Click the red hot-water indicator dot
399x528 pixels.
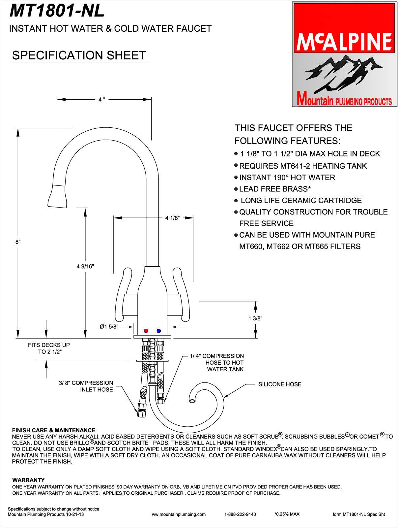tap(146, 331)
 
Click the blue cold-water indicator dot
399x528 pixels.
tap(159, 331)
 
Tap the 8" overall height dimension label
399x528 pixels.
tap(18, 242)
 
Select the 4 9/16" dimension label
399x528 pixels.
tap(85, 266)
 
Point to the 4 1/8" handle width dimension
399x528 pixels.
tap(172, 218)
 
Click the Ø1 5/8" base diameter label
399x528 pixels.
tap(109, 327)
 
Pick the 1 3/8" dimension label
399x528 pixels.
tap(255, 318)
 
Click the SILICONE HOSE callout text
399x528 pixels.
tap(280, 384)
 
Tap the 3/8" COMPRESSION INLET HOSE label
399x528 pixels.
tap(86, 386)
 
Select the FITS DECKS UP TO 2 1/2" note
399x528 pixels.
tap(49, 348)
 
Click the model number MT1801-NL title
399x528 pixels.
tap(57, 11)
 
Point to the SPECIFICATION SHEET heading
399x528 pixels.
tap(79, 55)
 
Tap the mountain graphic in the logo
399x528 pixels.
tap(343, 73)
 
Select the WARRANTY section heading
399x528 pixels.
tap(28, 480)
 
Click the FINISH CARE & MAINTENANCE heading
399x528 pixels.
tap(53, 430)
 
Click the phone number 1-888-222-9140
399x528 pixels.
tap(240, 514)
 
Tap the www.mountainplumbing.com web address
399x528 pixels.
tap(179, 514)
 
